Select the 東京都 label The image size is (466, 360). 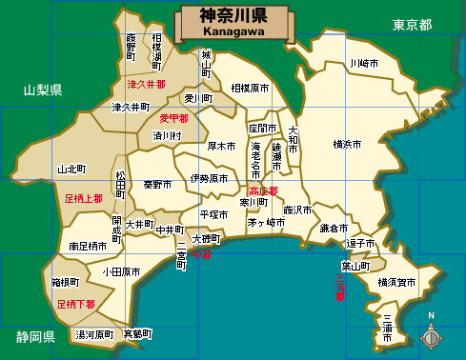pos(412,25)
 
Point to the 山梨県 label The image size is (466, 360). pos(43,90)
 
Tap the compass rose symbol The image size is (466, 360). pos(431,335)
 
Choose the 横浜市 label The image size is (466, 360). pos(347,145)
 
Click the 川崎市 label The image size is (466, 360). pos(363,63)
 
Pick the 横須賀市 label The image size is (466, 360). pos(396,282)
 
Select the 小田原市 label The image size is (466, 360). pos(122,272)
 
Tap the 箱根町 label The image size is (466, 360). pos(70,283)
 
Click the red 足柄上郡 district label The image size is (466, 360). pos(83,199)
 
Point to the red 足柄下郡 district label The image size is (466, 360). pos(75,305)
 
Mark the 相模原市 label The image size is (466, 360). pos(250,87)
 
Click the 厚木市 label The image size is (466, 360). pos(221,147)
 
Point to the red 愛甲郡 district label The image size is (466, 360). pos(173,118)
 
